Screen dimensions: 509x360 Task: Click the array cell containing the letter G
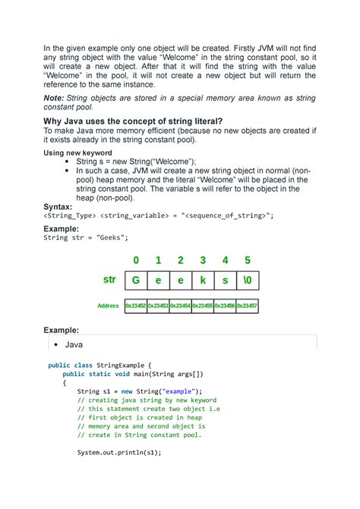136,280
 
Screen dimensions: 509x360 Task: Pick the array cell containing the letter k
203,280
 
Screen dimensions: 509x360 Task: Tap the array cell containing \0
248,280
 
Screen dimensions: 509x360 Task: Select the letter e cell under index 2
181,280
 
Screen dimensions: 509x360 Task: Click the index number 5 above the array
248,261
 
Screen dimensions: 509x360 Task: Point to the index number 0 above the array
136,261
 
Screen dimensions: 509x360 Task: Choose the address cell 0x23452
136,305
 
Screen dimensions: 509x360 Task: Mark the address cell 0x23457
248,305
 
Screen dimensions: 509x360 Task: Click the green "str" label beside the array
109,280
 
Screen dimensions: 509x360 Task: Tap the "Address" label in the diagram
109,305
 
